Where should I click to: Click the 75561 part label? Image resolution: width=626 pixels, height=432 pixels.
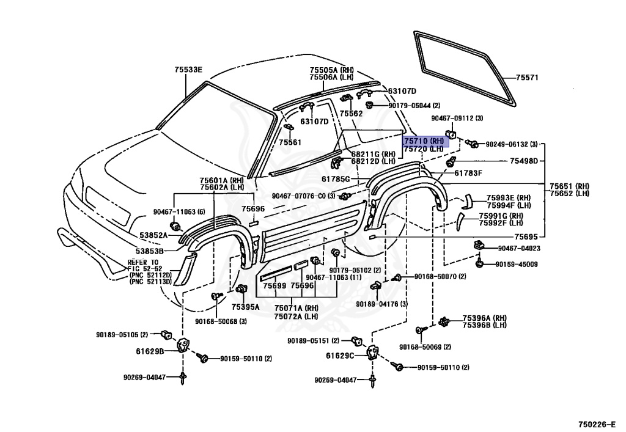tap(290, 142)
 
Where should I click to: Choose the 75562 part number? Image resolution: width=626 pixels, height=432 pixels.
tap(351, 114)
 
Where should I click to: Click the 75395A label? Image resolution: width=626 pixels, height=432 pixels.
tap(245, 307)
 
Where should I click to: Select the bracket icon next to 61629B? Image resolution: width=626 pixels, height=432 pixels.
tap(182, 346)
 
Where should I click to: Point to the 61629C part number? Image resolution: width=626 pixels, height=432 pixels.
tap(340, 356)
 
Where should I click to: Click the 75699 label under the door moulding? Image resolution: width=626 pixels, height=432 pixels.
tap(274, 286)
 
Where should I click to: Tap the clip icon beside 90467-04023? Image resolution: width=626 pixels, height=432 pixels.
tap(479, 246)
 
